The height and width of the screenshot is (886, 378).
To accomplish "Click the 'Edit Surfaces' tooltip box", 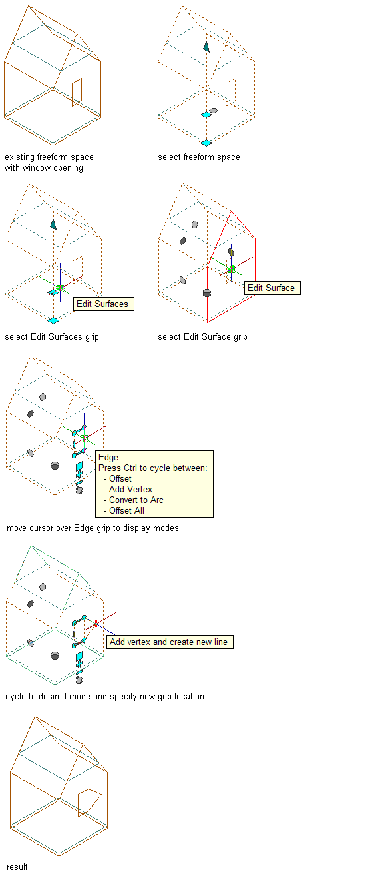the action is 104,304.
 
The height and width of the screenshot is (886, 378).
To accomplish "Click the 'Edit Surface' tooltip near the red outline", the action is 273,288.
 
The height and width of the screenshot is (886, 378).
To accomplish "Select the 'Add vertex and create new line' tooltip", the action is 170,642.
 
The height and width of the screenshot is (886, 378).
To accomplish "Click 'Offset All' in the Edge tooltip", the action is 126,511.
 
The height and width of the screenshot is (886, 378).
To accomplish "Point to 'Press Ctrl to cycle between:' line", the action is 152,468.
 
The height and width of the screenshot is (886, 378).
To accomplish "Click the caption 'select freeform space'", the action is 199,157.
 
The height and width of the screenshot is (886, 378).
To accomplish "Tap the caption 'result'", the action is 17,867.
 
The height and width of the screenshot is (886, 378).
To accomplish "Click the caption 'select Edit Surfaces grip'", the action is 52,337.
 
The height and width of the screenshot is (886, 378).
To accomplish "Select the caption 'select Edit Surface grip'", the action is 202,337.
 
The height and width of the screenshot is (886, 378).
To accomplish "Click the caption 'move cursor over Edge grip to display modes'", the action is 93,528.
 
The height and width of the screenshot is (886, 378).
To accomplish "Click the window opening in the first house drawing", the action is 77,92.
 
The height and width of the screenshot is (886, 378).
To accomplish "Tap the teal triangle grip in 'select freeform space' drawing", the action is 206,47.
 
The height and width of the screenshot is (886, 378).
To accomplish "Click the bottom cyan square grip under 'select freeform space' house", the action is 206,143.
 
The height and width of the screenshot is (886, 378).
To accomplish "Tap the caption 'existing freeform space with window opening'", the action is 49,162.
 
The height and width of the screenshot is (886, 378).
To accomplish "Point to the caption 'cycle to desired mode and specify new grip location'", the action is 104,697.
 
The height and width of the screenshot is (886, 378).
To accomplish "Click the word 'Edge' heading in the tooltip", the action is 108,457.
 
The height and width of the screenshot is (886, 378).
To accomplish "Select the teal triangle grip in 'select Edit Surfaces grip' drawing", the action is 53,224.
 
